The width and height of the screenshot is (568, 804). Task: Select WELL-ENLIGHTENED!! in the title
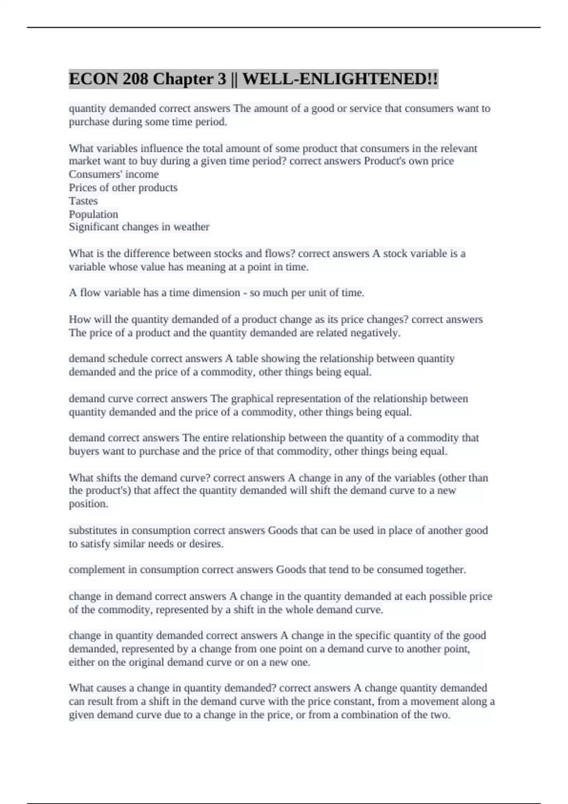340,79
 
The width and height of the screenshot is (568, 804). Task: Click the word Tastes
83,201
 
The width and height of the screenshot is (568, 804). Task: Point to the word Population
93,214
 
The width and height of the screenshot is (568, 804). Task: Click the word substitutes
98,531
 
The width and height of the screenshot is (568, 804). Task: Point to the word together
445,570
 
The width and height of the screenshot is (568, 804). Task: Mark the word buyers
84,451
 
